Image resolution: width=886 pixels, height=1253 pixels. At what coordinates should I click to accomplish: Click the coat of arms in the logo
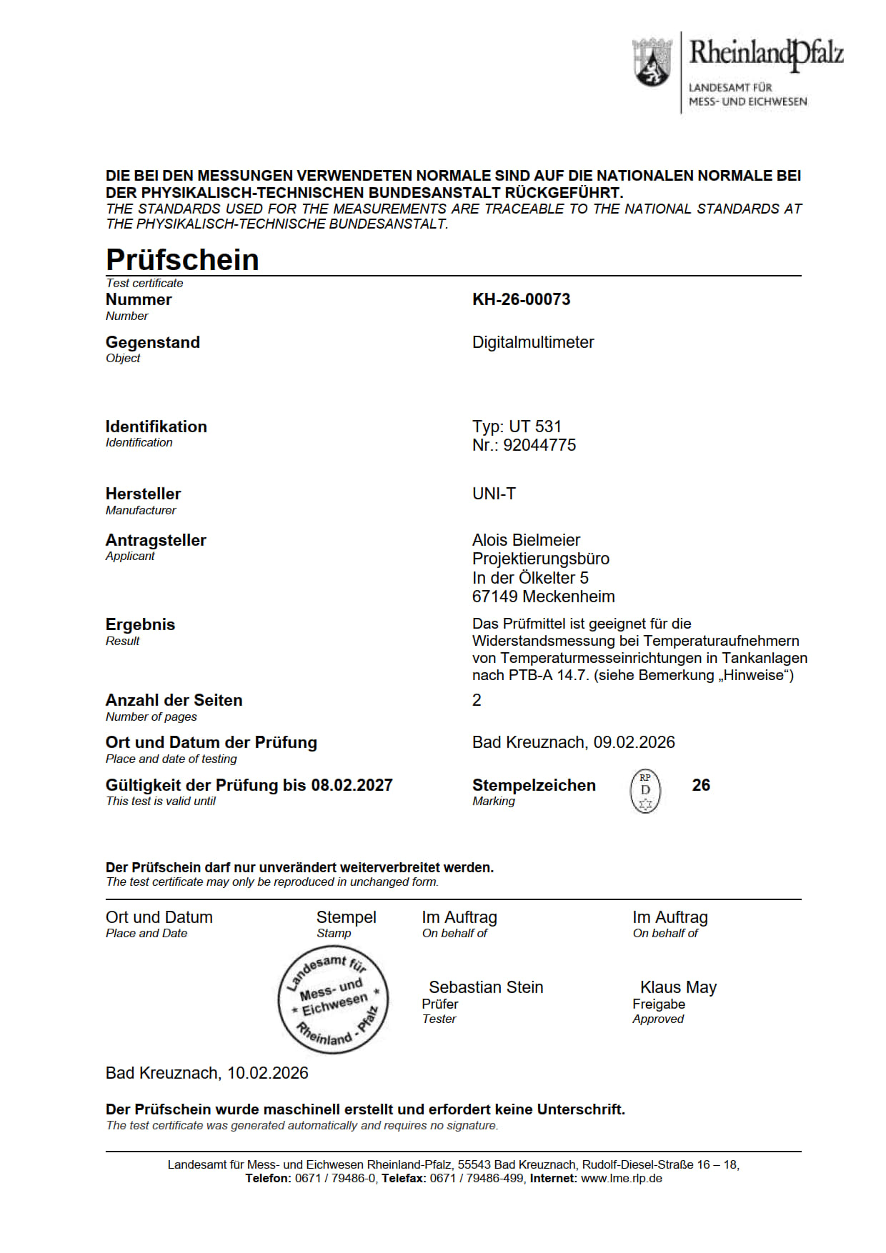point(652,63)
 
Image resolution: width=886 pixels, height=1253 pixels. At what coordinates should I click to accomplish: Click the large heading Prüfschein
point(182,259)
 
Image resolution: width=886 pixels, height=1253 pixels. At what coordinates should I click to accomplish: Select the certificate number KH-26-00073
point(521,299)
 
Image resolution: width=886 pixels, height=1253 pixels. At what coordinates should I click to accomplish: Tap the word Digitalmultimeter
point(533,342)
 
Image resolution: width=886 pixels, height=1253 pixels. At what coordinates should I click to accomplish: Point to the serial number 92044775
point(539,445)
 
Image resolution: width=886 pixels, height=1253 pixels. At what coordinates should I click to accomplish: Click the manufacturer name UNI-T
point(494,494)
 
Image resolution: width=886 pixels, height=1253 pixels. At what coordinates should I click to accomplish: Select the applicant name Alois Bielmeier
point(526,540)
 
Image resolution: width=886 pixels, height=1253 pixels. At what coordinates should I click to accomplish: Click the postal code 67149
point(494,596)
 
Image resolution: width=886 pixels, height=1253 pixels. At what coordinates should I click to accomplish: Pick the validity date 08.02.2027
point(352,785)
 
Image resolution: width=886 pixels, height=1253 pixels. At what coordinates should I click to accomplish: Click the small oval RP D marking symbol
point(645,792)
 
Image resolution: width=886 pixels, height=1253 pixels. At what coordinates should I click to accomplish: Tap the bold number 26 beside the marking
point(701,785)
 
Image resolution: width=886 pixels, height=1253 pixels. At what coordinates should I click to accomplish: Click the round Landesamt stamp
point(333,999)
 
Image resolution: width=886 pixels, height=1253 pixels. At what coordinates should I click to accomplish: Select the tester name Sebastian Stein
point(486,987)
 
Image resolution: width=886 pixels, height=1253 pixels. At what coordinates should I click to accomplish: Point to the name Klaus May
point(678,987)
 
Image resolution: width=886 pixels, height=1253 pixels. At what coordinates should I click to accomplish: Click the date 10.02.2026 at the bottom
point(268,1073)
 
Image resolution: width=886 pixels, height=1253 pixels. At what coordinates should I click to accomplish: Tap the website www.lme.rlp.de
point(622,1178)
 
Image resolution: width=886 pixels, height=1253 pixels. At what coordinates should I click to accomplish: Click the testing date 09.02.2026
point(634,742)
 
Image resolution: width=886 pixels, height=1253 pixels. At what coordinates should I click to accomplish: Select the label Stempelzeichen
point(534,785)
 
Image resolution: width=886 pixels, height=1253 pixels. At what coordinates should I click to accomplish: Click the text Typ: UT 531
point(517,426)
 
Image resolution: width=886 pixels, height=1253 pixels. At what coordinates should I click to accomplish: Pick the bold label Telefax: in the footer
point(404,1178)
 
